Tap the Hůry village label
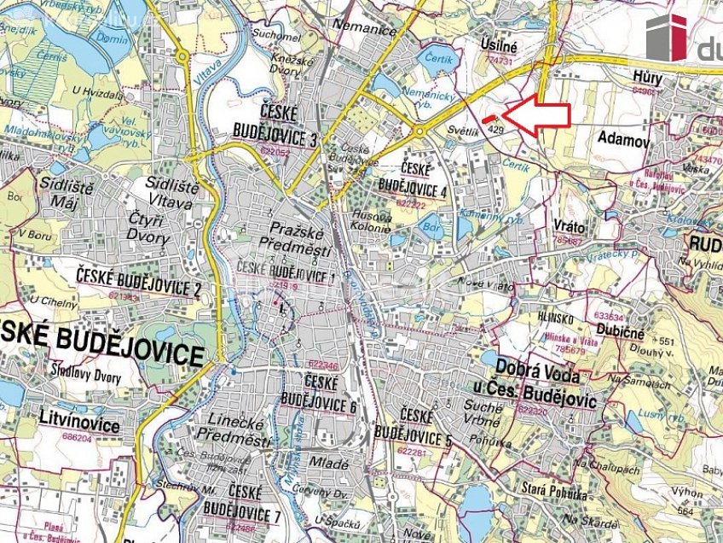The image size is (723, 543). (647, 77)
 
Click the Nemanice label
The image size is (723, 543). (366, 30)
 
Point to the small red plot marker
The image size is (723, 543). (489, 120)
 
